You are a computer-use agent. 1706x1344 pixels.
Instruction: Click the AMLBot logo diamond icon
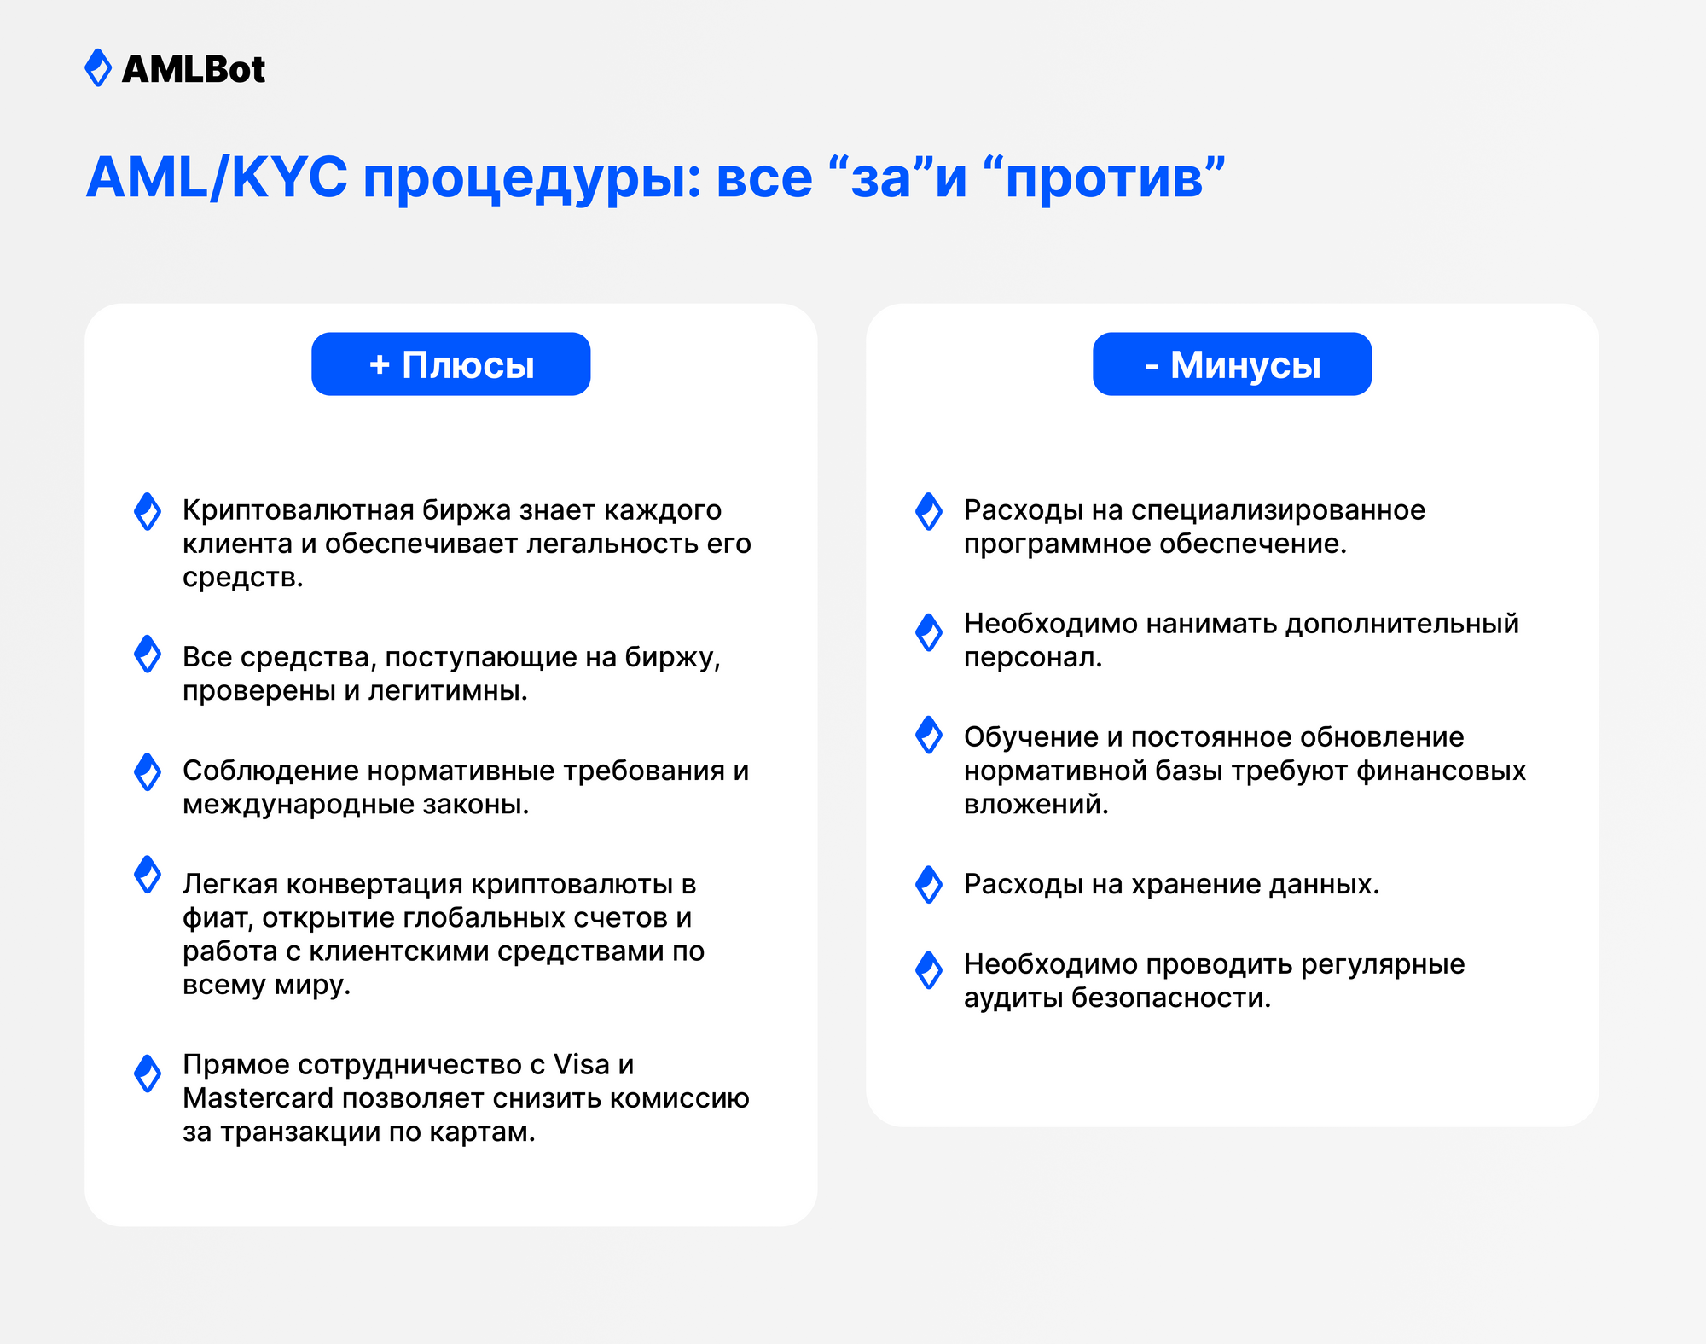click(x=98, y=68)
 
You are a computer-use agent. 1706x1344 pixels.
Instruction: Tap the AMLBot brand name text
click(x=194, y=69)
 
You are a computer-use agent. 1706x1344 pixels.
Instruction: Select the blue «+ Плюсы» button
click(x=450, y=364)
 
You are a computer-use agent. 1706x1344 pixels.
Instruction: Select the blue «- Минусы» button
click(x=1232, y=364)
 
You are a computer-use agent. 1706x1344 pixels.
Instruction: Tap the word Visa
click(x=582, y=1064)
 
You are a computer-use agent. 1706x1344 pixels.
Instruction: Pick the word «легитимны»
click(x=448, y=691)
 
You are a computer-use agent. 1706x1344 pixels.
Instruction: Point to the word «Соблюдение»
click(x=270, y=771)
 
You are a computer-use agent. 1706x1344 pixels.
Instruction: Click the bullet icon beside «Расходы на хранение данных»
click(x=928, y=884)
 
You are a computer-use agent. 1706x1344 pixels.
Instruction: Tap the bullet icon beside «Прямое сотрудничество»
click(x=148, y=1073)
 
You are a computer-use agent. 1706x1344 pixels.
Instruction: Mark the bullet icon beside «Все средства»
click(x=148, y=654)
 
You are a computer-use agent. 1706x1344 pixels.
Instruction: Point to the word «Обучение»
click(x=1031, y=737)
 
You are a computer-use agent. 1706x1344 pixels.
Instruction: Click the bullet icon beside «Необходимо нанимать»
click(x=928, y=632)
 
